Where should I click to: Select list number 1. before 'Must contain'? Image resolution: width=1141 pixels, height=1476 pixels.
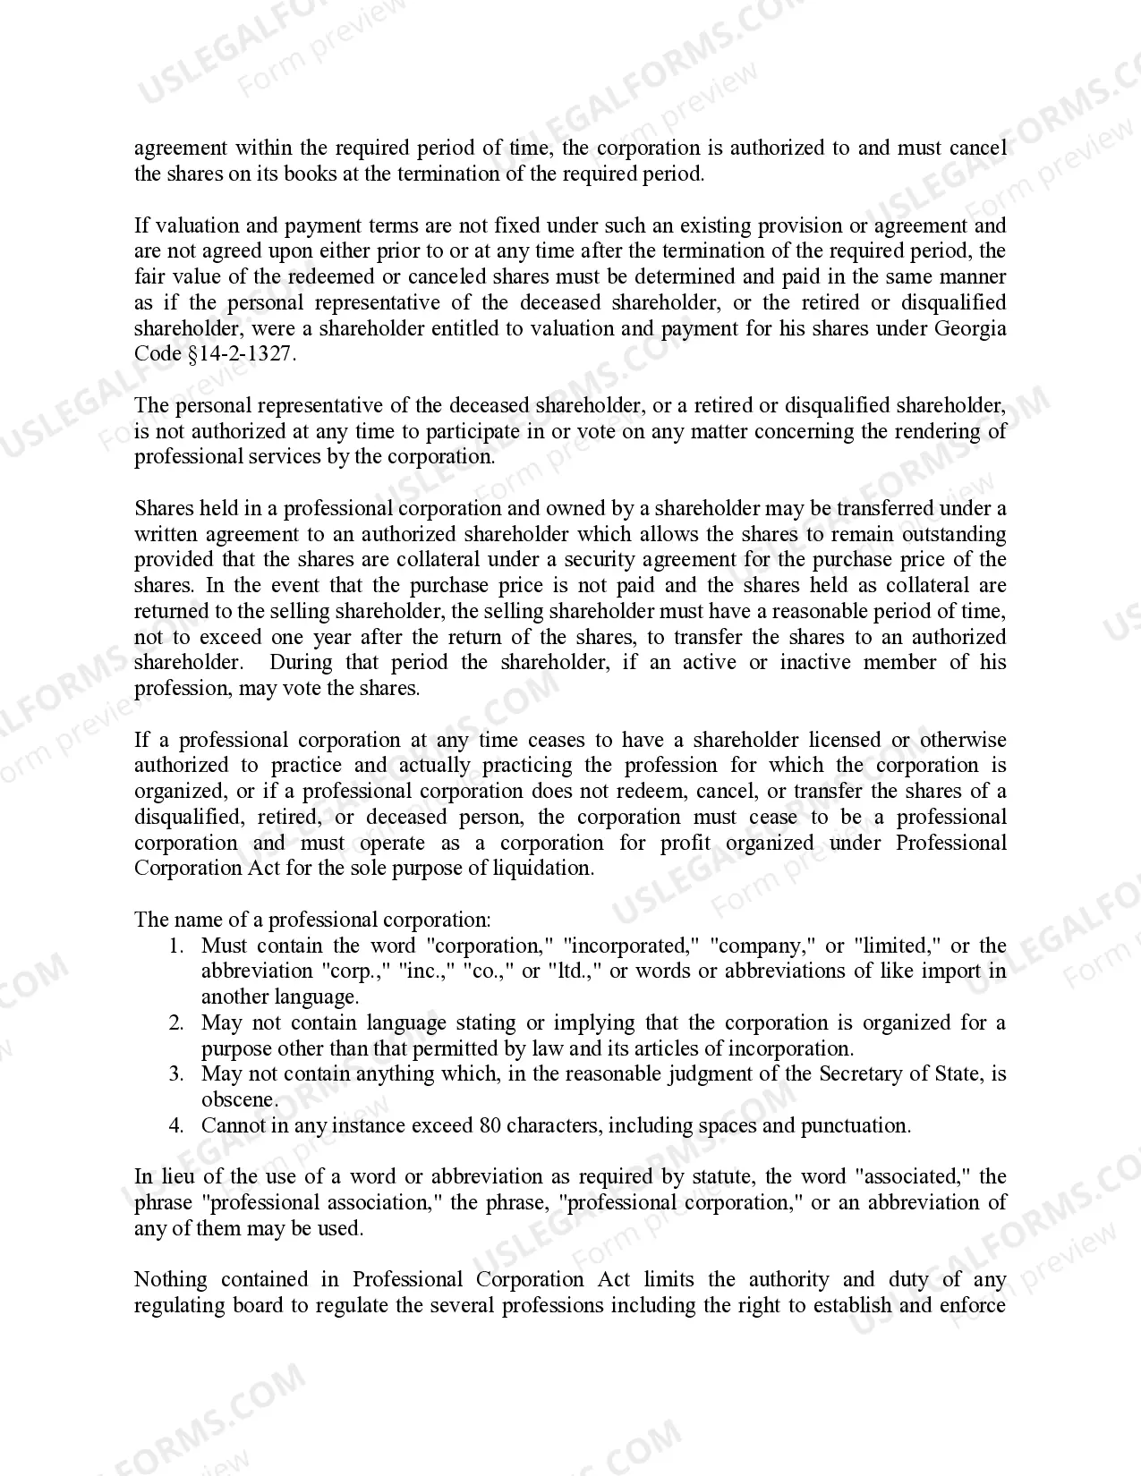click(x=176, y=946)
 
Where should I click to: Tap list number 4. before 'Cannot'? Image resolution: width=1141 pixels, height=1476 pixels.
click(x=176, y=1126)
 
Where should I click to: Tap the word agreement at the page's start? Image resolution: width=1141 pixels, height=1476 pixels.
click(x=181, y=148)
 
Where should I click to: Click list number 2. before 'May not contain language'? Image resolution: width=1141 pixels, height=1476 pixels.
click(x=176, y=1023)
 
